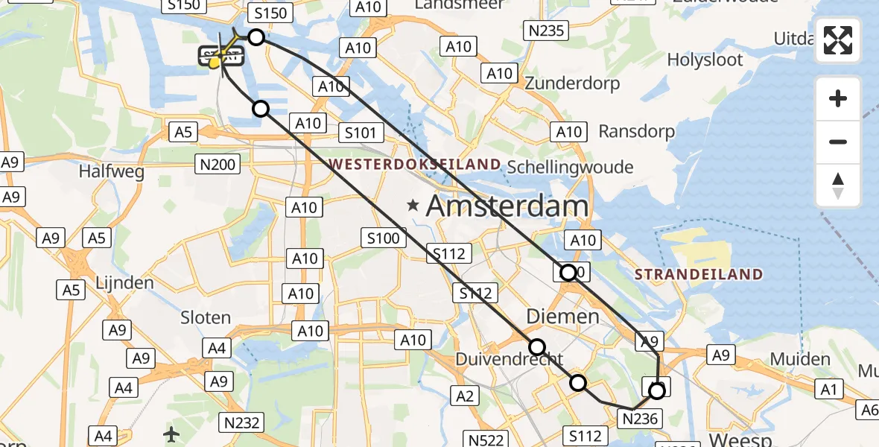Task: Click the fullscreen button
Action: click(x=838, y=40)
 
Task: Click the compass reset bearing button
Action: click(x=838, y=186)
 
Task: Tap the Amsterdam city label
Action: click(x=507, y=206)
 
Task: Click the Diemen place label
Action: click(x=562, y=317)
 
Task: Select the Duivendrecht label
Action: click(x=498, y=359)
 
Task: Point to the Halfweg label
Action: click(x=111, y=171)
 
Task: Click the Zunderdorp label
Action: click(x=572, y=83)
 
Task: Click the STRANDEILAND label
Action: click(x=699, y=274)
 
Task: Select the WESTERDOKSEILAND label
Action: click(x=414, y=163)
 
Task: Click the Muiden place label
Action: click(x=800, y=359)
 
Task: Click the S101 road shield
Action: click(x=361, y=133)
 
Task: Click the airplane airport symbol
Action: click(x=172, y=433)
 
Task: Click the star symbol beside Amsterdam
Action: click(x=411, y=204)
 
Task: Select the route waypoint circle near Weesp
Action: click(x=656, y=390)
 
